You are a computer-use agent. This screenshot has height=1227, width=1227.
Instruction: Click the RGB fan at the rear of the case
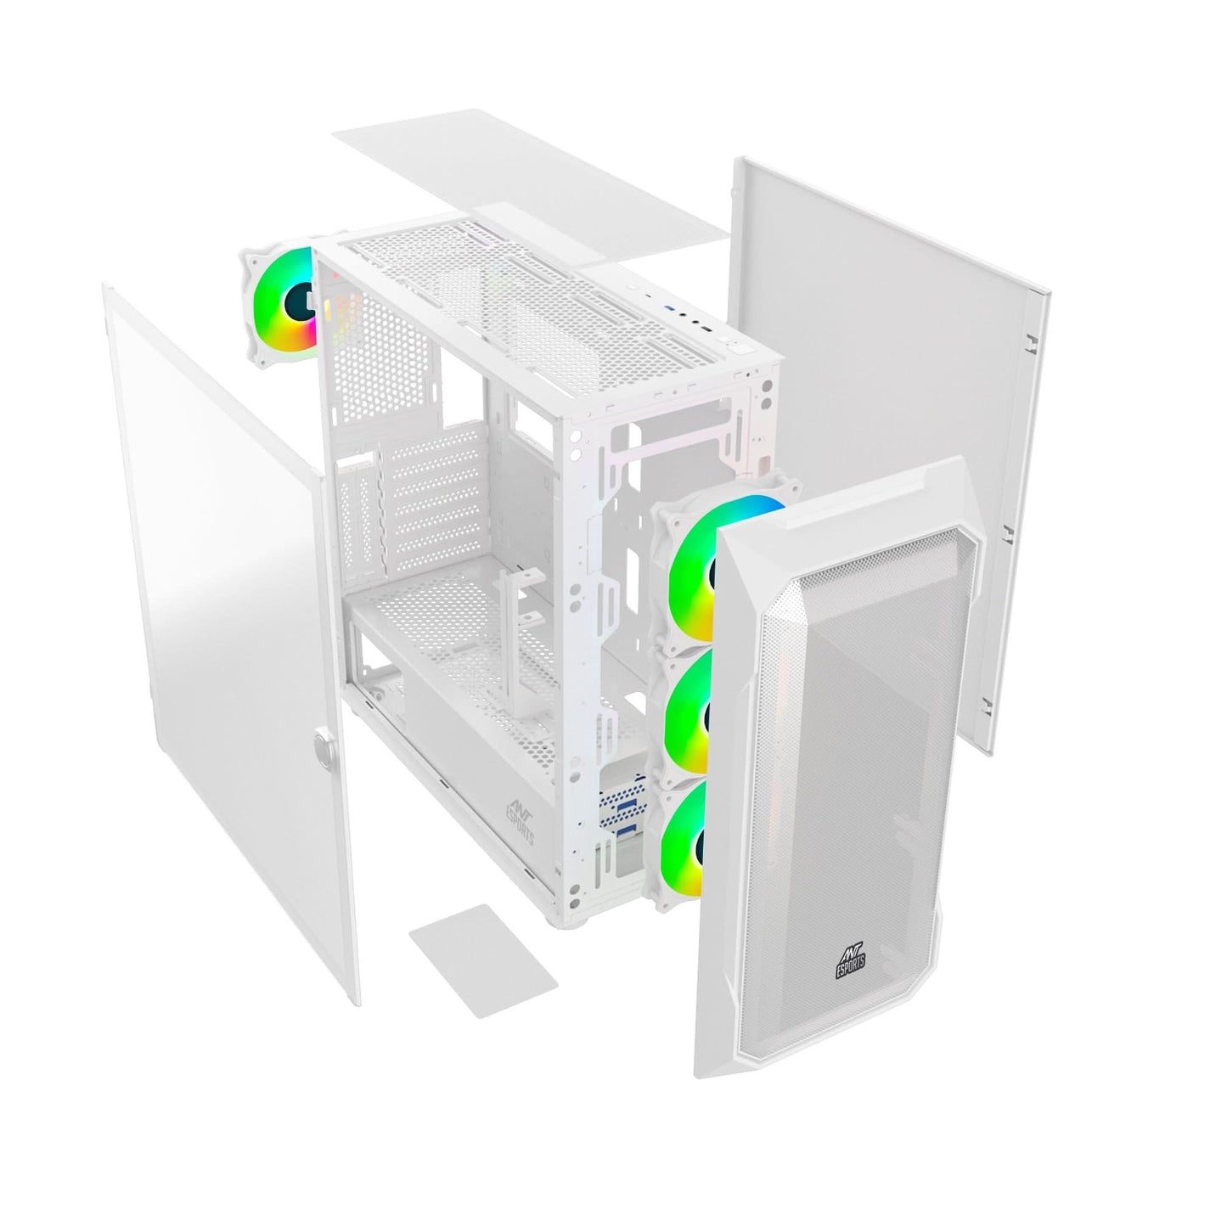pyautogui.click(x=280, y=301)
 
